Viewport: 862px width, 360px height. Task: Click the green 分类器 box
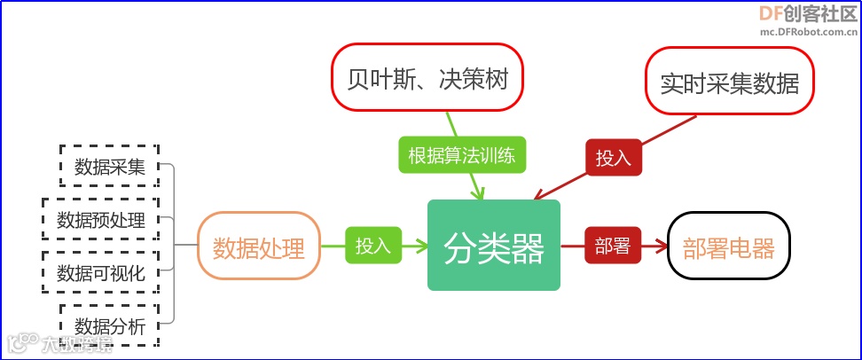click(494, 246)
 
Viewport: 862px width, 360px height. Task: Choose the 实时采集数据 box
click(730, 82)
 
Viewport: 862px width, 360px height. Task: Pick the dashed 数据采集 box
click(109, 166)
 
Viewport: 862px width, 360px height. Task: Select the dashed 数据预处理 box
click(100, 219)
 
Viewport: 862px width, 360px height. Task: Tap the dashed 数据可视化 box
click(100, 272)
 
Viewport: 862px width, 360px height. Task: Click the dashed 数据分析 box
click(109, 325)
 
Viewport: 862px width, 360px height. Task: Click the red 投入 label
click(613, 158)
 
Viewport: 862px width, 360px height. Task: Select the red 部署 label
click(612, 246)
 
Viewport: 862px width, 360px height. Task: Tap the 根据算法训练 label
click(461, 156)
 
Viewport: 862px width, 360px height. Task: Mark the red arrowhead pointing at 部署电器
click(661, 247)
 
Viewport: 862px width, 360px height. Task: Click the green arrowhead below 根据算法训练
click(479, 192)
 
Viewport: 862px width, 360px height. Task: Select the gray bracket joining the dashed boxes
click(174, 245)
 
